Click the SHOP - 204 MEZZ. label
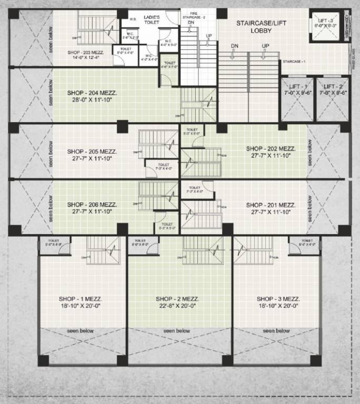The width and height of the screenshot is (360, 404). coord(92,92)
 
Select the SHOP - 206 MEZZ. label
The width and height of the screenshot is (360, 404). coord(92,205)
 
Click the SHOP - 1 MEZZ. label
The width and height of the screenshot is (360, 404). coord(82,299)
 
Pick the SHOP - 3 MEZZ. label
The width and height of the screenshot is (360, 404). coord(276,299)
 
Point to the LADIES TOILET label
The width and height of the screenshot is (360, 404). coord(152,20)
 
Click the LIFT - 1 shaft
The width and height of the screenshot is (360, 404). coord(298,99)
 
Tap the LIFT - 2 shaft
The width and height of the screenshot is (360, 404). coord(333,99)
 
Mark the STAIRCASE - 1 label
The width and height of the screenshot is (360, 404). coord(294,62)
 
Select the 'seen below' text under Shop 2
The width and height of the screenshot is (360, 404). coord(177,331)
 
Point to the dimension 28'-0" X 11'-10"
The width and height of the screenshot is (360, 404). coord(92,100)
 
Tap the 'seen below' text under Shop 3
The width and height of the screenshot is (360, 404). coord(276,331)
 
